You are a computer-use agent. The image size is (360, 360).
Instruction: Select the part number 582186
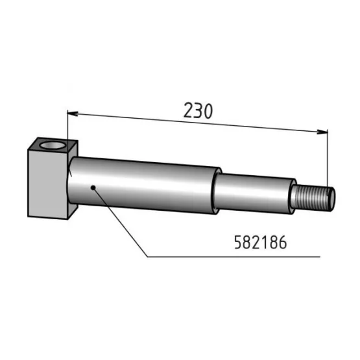click(x=259, y=242)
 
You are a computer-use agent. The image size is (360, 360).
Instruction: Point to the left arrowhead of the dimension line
click(x=73, y=114)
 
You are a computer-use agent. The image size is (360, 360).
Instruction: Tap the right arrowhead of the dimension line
click(x=322, y=132)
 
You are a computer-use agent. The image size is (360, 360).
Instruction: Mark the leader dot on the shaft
click(x=94, y=188)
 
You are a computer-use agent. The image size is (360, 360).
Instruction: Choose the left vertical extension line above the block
click(x=67, y=126)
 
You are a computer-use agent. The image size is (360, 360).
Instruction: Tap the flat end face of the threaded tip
click(x=333, y=198)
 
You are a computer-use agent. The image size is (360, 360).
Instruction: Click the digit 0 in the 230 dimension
click(x=207, y=111)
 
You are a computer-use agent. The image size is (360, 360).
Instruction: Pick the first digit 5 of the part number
click(x=237, y=242)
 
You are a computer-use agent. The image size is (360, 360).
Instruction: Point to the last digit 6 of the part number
click(x=282, y=242)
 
